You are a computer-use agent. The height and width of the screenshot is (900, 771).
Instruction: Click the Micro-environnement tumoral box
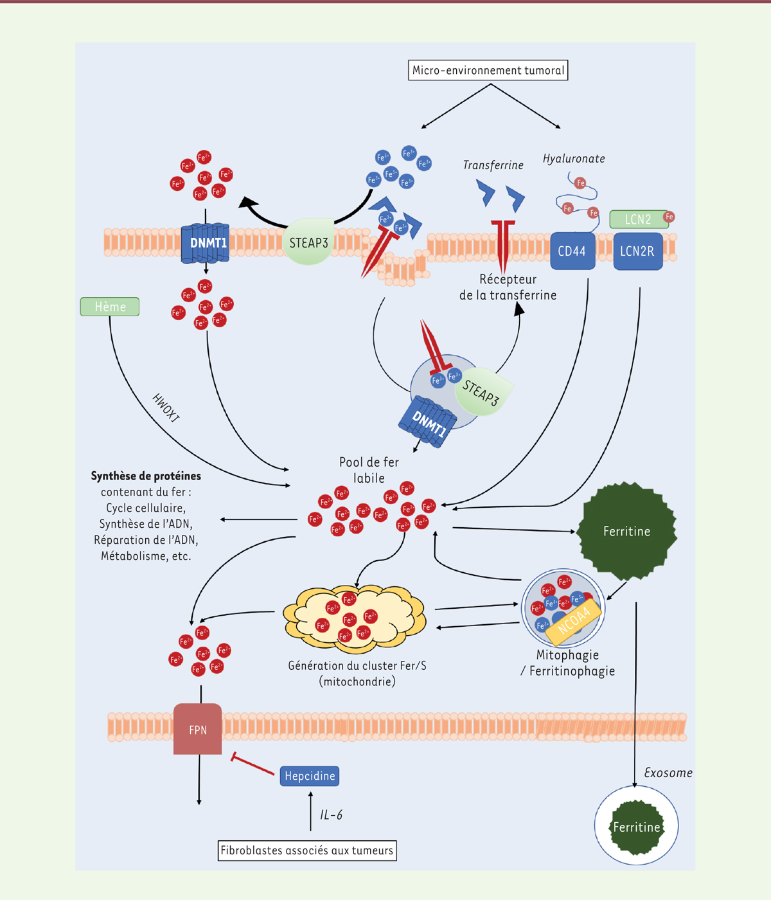(x=488, y=71)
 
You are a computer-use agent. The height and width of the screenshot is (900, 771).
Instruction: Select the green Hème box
(x=110, y=307)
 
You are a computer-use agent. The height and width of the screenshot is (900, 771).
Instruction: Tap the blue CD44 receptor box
(x=572, y=251)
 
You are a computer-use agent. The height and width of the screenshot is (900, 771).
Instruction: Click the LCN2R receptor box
(x=637, y=251)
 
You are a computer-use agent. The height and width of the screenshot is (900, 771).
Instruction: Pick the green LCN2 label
(x=638, y=219)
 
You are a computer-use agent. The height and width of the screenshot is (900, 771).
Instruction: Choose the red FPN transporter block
(x=198, y=729)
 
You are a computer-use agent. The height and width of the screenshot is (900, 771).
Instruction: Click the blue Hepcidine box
(x=310, y=776)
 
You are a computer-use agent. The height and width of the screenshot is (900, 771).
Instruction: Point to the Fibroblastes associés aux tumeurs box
(x=307, y=851)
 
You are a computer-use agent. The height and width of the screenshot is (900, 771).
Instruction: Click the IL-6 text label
(x=332, y=815)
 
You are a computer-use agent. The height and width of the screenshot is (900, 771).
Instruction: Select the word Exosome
(x=668, y=773)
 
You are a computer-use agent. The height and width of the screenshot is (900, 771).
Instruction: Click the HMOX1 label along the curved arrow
(x=166, y=408)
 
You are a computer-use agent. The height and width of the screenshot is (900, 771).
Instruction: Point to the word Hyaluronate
(x=574, y=159)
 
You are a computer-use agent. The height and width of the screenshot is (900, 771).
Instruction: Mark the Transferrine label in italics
(x=493, y=165)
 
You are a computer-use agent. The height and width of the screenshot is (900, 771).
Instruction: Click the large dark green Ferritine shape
(x=626, y=531)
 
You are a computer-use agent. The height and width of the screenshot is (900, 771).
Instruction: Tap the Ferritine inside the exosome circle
(x=636, y=827)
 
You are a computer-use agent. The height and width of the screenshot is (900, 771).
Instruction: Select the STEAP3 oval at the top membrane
(x=308, y=243)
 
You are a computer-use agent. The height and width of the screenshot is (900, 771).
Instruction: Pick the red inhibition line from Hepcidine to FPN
(x=253, y=764)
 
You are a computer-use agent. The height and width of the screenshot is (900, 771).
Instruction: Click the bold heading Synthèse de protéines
(x=146, y=476)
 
